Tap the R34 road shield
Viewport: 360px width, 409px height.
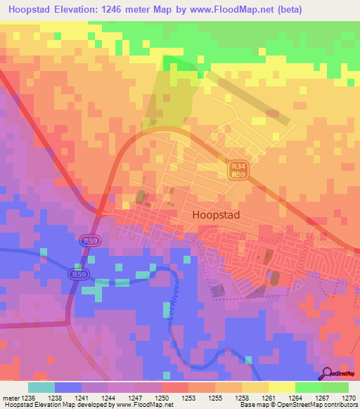coord(237,165)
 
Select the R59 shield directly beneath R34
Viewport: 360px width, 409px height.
coord(237,174)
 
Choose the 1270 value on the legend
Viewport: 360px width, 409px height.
coord(349,397)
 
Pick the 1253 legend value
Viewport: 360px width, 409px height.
coord(188,397)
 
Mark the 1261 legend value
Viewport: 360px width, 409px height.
coord(269,397)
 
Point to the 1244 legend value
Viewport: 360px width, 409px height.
coord(108,397)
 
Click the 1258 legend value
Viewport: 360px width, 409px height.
coord(241,397)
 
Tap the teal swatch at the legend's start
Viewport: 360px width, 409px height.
coord(41,387)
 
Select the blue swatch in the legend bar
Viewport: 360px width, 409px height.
coord(68,387)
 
